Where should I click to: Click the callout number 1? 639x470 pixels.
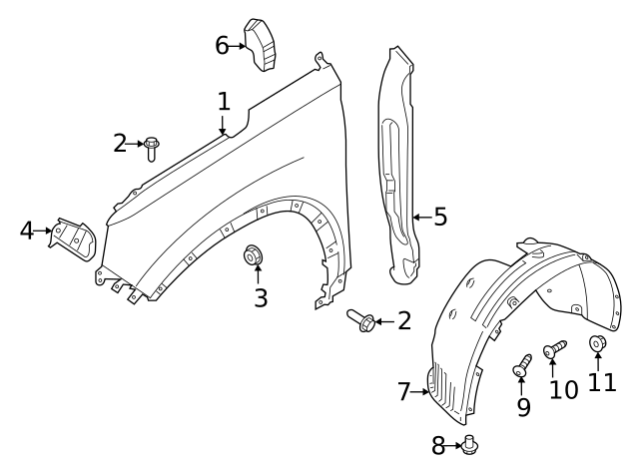pos(224,101)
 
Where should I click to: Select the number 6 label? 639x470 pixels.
pos(222,45)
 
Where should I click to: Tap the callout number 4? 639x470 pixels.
pos(27,232)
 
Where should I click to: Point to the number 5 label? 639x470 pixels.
pos(440,216)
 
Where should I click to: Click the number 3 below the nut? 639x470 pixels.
pos(261,297)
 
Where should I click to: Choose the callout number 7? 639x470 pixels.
pos(404,392)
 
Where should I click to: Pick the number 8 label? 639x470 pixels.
pos(438,446)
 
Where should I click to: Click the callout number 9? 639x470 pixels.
pos(523,406)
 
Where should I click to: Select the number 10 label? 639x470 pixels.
pos(564,388)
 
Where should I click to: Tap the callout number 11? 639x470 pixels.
pos(601,382)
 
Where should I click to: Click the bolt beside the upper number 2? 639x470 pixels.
pos(152,148)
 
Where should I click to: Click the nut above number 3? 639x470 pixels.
pos(254,256)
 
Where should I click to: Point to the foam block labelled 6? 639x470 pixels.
pos(262,45)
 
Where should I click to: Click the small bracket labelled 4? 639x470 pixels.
pos(73,236)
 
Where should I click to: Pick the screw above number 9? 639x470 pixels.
pos(521,366)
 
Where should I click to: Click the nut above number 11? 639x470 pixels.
pos(598,345)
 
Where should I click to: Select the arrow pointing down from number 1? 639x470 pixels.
pos(224,124)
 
